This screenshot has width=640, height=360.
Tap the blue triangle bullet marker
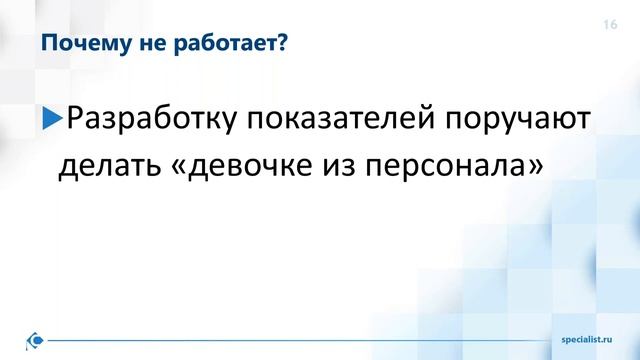point(51,122)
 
